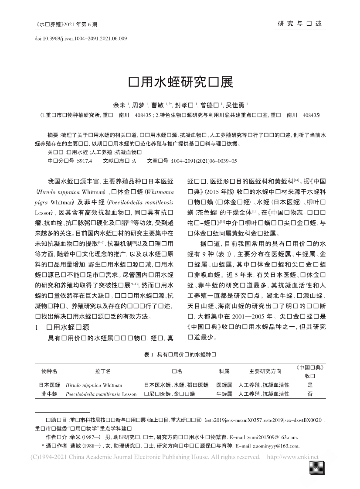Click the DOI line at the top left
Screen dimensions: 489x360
coord(81,39)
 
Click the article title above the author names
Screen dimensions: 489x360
coord(180,82)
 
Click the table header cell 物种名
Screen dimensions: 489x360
coord(49,371)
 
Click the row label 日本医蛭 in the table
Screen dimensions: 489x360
coord(49,385)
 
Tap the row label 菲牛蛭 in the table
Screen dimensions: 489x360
coord(49,393)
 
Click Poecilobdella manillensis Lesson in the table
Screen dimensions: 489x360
coord(101,393)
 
